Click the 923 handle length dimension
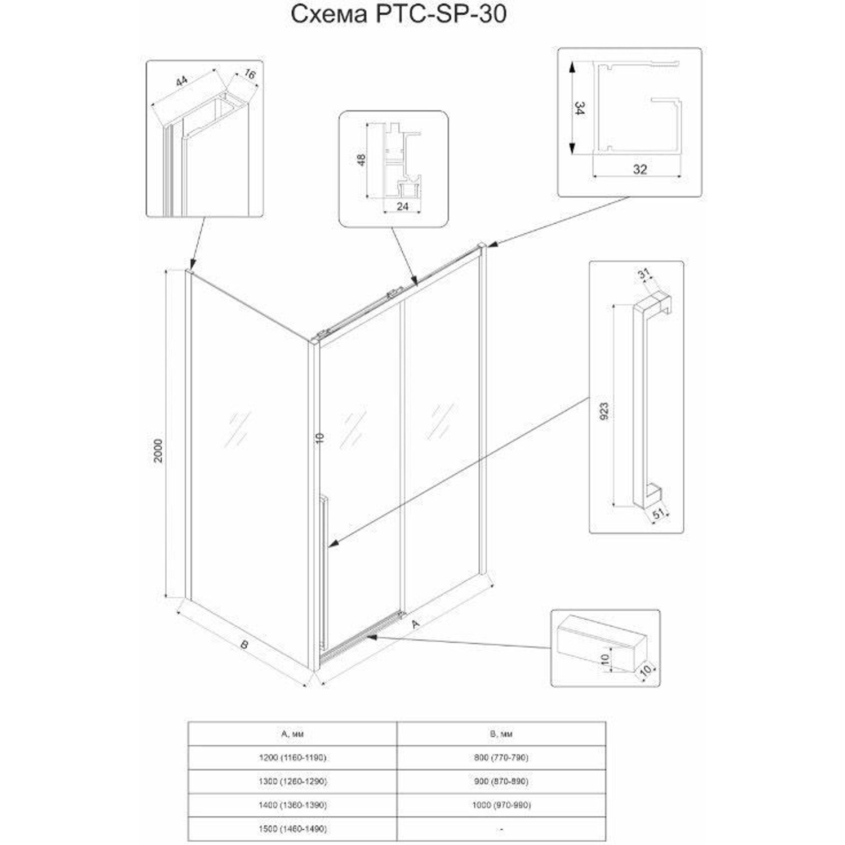[x=604, y=413]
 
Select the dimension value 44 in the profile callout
[x=181, y=82]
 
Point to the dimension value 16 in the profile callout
[x=247, y=73]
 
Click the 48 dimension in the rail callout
[x=362, y=161]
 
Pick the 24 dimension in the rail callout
[x=402, y=207]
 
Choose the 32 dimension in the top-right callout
[x=639, y=168]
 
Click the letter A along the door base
[x=416, y=624]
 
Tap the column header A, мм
[x=292, y=734]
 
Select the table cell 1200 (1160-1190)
[x=293, y=758]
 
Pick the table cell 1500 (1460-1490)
[x=293, y=829]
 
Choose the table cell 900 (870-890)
[x=501, y=781]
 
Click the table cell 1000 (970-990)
[x=501, y=805]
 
